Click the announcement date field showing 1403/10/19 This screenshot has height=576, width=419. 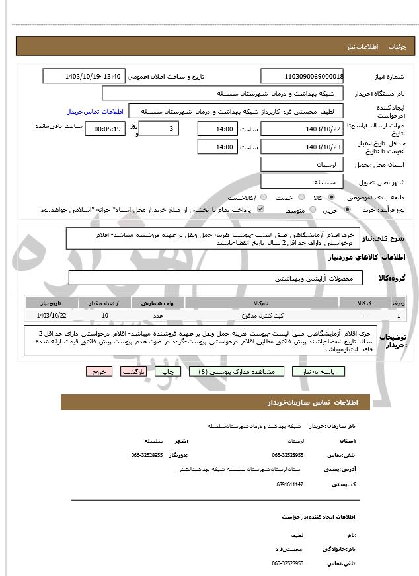(83, 76)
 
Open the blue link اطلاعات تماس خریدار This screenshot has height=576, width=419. (95, 112)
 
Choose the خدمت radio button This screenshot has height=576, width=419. (301, 198)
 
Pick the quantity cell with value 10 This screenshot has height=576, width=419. (105, 316)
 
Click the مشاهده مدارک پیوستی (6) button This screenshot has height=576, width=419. (236, 372)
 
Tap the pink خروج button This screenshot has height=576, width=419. (99, 372)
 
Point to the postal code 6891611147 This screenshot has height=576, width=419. (289, 484)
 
